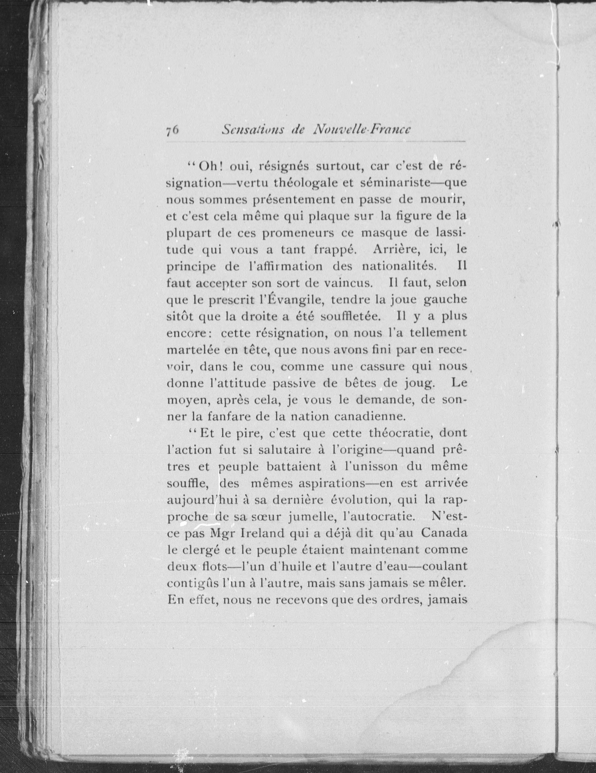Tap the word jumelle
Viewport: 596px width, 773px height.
312,517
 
